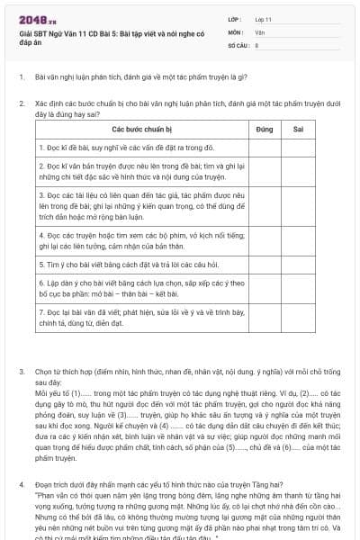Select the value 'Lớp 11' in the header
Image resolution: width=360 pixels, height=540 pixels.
coord(263,19)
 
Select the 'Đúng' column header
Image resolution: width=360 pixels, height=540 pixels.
coord(265,130)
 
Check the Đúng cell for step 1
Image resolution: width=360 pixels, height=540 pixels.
coord(265,148)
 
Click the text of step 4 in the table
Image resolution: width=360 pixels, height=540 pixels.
coord(135,239)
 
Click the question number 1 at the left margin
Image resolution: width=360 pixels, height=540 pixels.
coord(21,77)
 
